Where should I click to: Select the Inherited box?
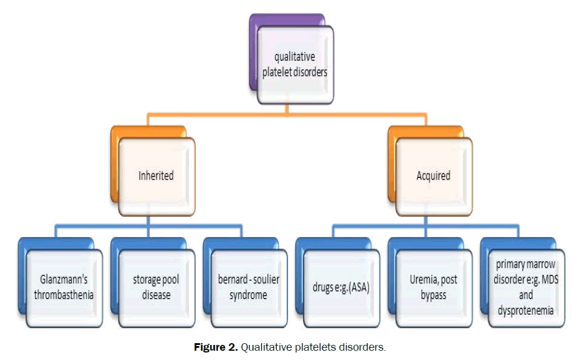tap(156, 175)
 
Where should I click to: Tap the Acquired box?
tap(433, 175)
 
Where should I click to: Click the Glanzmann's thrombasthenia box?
tap(64, 287)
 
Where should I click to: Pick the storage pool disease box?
tap(156, 287)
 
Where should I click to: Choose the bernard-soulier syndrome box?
tap(249, 287)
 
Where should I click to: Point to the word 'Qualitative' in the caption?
tap(264, 347)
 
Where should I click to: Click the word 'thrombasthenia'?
tap(64, 294)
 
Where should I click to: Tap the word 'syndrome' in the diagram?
tap(248, 294)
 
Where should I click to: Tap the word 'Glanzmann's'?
tap(64, 280)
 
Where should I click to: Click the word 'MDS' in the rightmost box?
tap(545, 280)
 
